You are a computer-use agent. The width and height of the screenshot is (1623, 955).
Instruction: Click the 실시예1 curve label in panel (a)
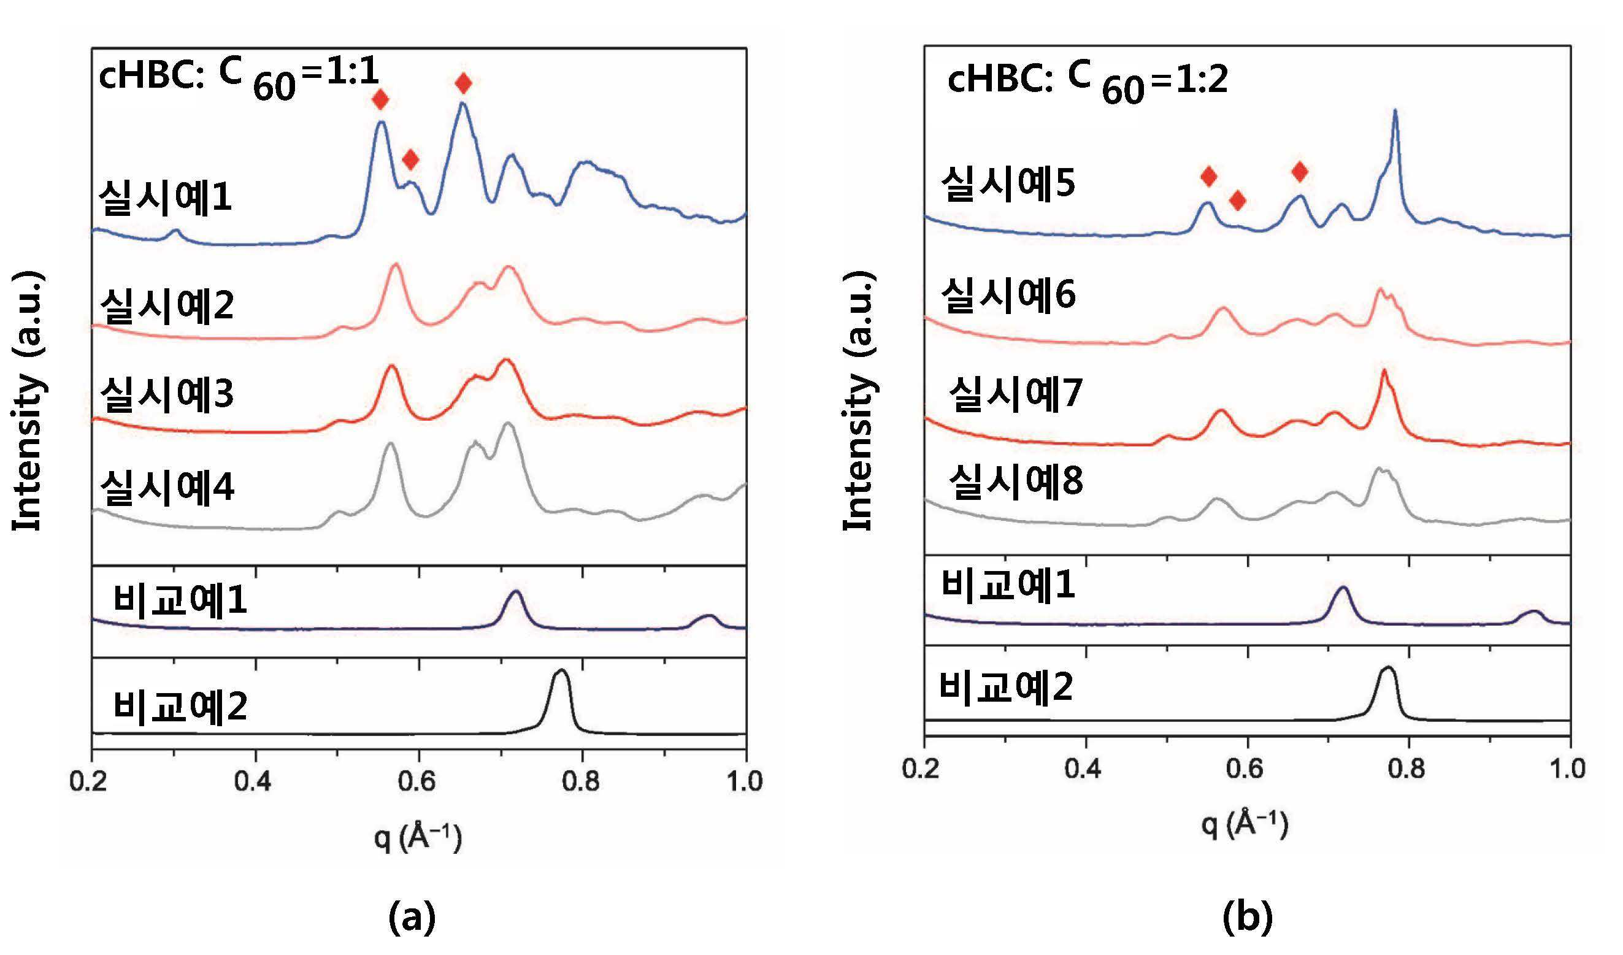[x=165, y=197]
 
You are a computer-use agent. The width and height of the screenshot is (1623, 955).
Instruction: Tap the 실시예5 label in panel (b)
[x=1008, y=182]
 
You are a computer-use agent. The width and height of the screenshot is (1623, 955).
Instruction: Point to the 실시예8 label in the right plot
[x=1016, y=481]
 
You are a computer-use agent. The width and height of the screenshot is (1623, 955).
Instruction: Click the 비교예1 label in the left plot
[x=180, y=599]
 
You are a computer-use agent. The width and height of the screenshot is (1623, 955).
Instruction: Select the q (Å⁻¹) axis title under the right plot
[x=1245, y=825]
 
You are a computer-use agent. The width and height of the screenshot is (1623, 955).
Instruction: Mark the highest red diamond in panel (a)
[x=463, y=83]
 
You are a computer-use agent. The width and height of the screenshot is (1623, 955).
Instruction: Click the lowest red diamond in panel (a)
[x=410, y=159]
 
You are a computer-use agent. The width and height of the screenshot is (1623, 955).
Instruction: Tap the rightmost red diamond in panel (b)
[x=1300, y=171]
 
